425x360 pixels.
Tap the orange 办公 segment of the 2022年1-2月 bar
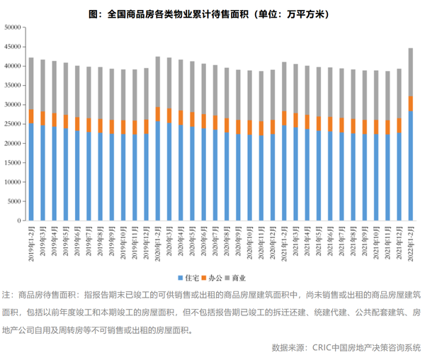click(410, 103)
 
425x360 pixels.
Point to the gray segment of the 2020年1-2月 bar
click(157, 81)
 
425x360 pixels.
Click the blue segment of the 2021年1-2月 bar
click(284, 173)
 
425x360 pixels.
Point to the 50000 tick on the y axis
click(13, 27)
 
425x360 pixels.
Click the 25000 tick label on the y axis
click(13, 124)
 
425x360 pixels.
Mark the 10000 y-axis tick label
click(13, 182)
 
